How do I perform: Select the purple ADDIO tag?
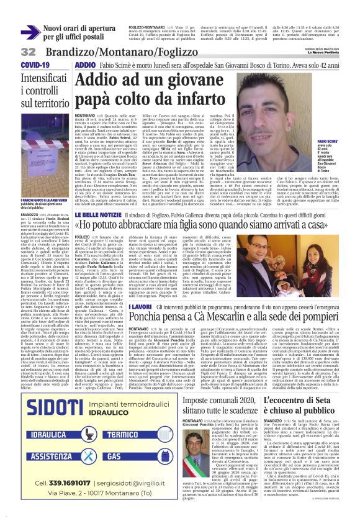coord(85,65)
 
